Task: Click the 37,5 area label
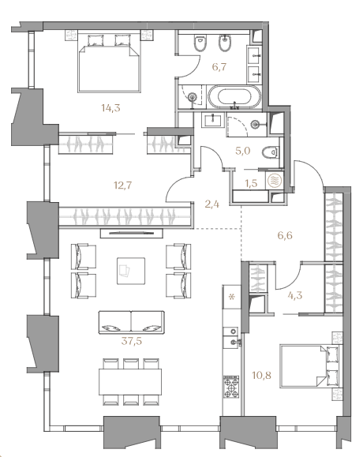[x=132, y=341]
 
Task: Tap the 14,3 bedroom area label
[x=110, y=108]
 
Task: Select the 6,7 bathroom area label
[x=219, y=67]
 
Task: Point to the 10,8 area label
[x=262, y=375]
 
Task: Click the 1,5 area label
[x=251, y=183]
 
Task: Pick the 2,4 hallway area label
[x=211, y=204]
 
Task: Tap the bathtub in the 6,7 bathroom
[x=234, y=97]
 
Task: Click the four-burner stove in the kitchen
[x=231, y=387]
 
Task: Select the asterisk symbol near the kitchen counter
[x=231, y=298]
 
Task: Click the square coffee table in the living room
[x=131, y=271]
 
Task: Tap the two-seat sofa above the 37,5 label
[x=132, y=322]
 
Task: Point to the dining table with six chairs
[x=130, y=382]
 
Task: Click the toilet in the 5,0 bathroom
[x=270, y=152]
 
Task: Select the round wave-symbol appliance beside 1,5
[x=275, y=181]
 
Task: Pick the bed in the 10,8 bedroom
[x=309, y=366]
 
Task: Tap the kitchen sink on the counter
[x=232, y=342]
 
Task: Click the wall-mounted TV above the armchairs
[x=132, y=233]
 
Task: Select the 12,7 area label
[x=123, y=185]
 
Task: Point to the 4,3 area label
[x=295, y=295]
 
